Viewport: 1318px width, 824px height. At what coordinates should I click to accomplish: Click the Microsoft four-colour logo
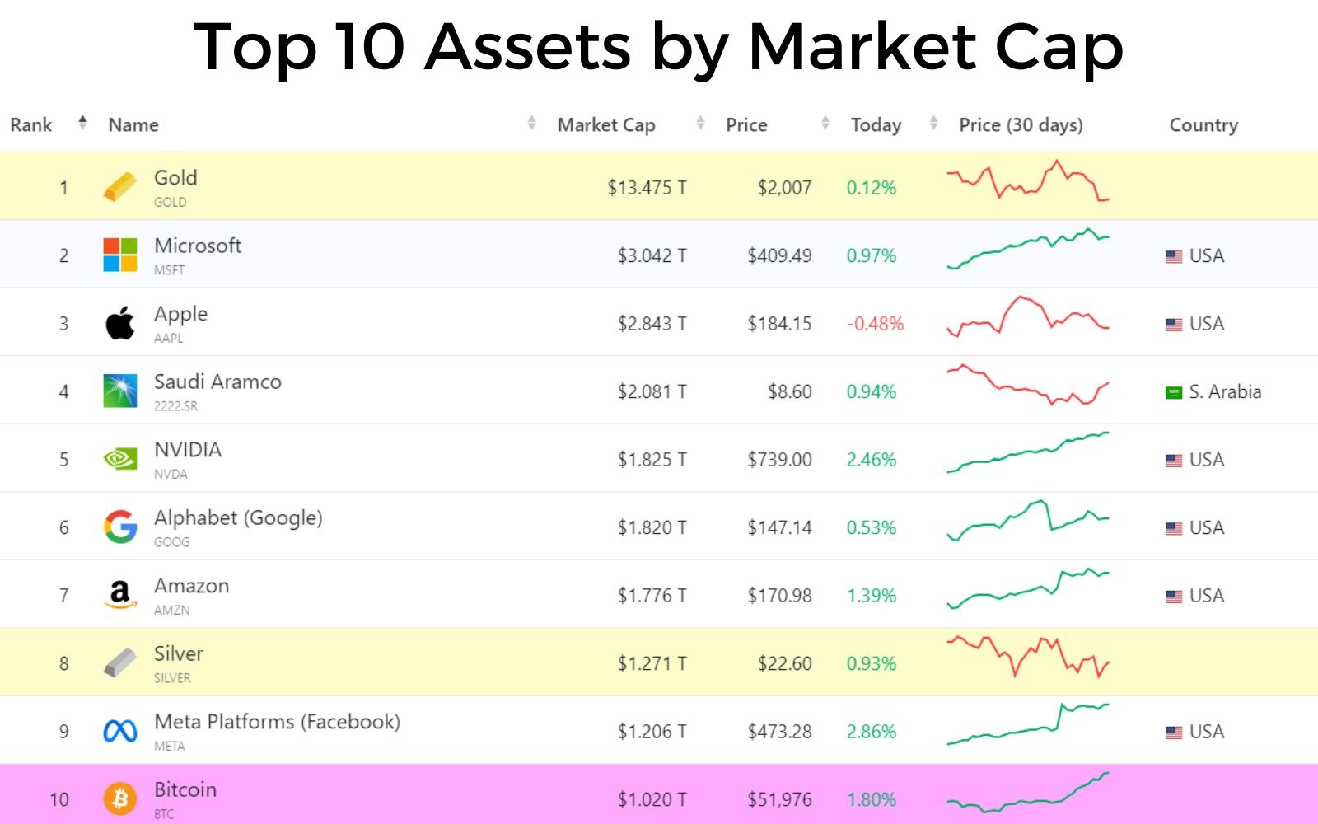[120, 255]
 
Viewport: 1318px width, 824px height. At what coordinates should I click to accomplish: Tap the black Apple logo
[120, 323]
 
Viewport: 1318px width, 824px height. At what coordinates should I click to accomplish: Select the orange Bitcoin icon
[120, 798]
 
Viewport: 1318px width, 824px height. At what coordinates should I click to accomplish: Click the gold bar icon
[120, 187]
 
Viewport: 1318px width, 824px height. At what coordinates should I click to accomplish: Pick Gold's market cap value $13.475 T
[647, 188]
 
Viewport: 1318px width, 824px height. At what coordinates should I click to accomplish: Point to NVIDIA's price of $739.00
[779, 460]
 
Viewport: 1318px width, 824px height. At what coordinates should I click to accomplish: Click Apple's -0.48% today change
[875, 324]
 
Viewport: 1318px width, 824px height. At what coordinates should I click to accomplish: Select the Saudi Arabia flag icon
[1174, 392]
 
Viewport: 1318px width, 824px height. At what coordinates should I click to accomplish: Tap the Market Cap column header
[606, 125]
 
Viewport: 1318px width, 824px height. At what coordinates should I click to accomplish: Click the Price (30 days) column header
[1021, 125]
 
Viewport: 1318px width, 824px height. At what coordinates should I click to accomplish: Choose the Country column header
[1203, 125]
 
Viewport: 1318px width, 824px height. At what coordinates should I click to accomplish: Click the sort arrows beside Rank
[82, 124]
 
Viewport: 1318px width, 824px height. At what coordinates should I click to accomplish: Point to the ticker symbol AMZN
[171, 611]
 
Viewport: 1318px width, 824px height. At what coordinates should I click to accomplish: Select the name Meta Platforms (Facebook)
[277, 722]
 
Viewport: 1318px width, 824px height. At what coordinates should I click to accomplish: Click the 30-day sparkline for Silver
[1028, 657]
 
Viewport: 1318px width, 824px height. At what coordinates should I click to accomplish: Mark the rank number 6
[63, 527]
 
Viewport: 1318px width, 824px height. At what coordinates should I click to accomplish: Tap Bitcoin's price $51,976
[779, 799]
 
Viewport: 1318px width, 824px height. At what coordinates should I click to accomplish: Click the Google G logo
[120, 527]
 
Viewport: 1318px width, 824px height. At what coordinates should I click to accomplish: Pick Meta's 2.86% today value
[872, 732]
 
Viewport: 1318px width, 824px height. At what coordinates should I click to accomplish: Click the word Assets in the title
[527, 47]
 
